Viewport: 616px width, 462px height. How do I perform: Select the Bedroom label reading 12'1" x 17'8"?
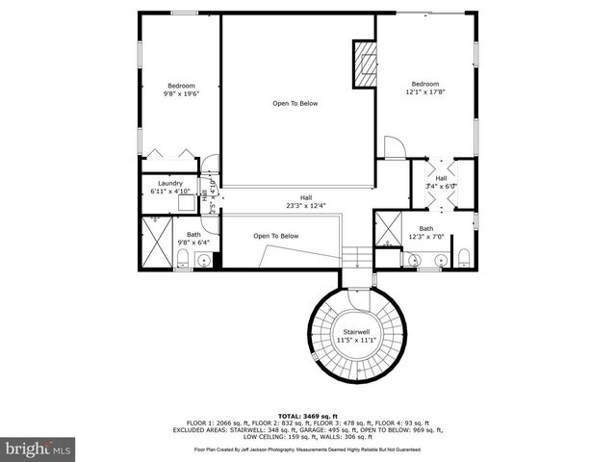pyautogui.click(x=424, y=89)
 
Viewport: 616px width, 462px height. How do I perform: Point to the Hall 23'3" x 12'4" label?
pyautogui.click(x=306, y=201)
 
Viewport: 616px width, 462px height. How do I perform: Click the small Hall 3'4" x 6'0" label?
pyautogui.click(x=441, y=182)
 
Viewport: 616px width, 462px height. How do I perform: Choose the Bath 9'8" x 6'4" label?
pyautogui.click(x=193, y=238)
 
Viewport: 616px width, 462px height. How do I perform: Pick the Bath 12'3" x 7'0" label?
pyautogui.click(x=425, y=232)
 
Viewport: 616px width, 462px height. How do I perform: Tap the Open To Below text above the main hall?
pyautogui.click(x=295, y=103)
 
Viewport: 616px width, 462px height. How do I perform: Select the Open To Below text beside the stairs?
pyautogui.click(x=276, y=236)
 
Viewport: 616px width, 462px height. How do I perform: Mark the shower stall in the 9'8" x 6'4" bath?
pyautogui.click(x=155, y=244)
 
